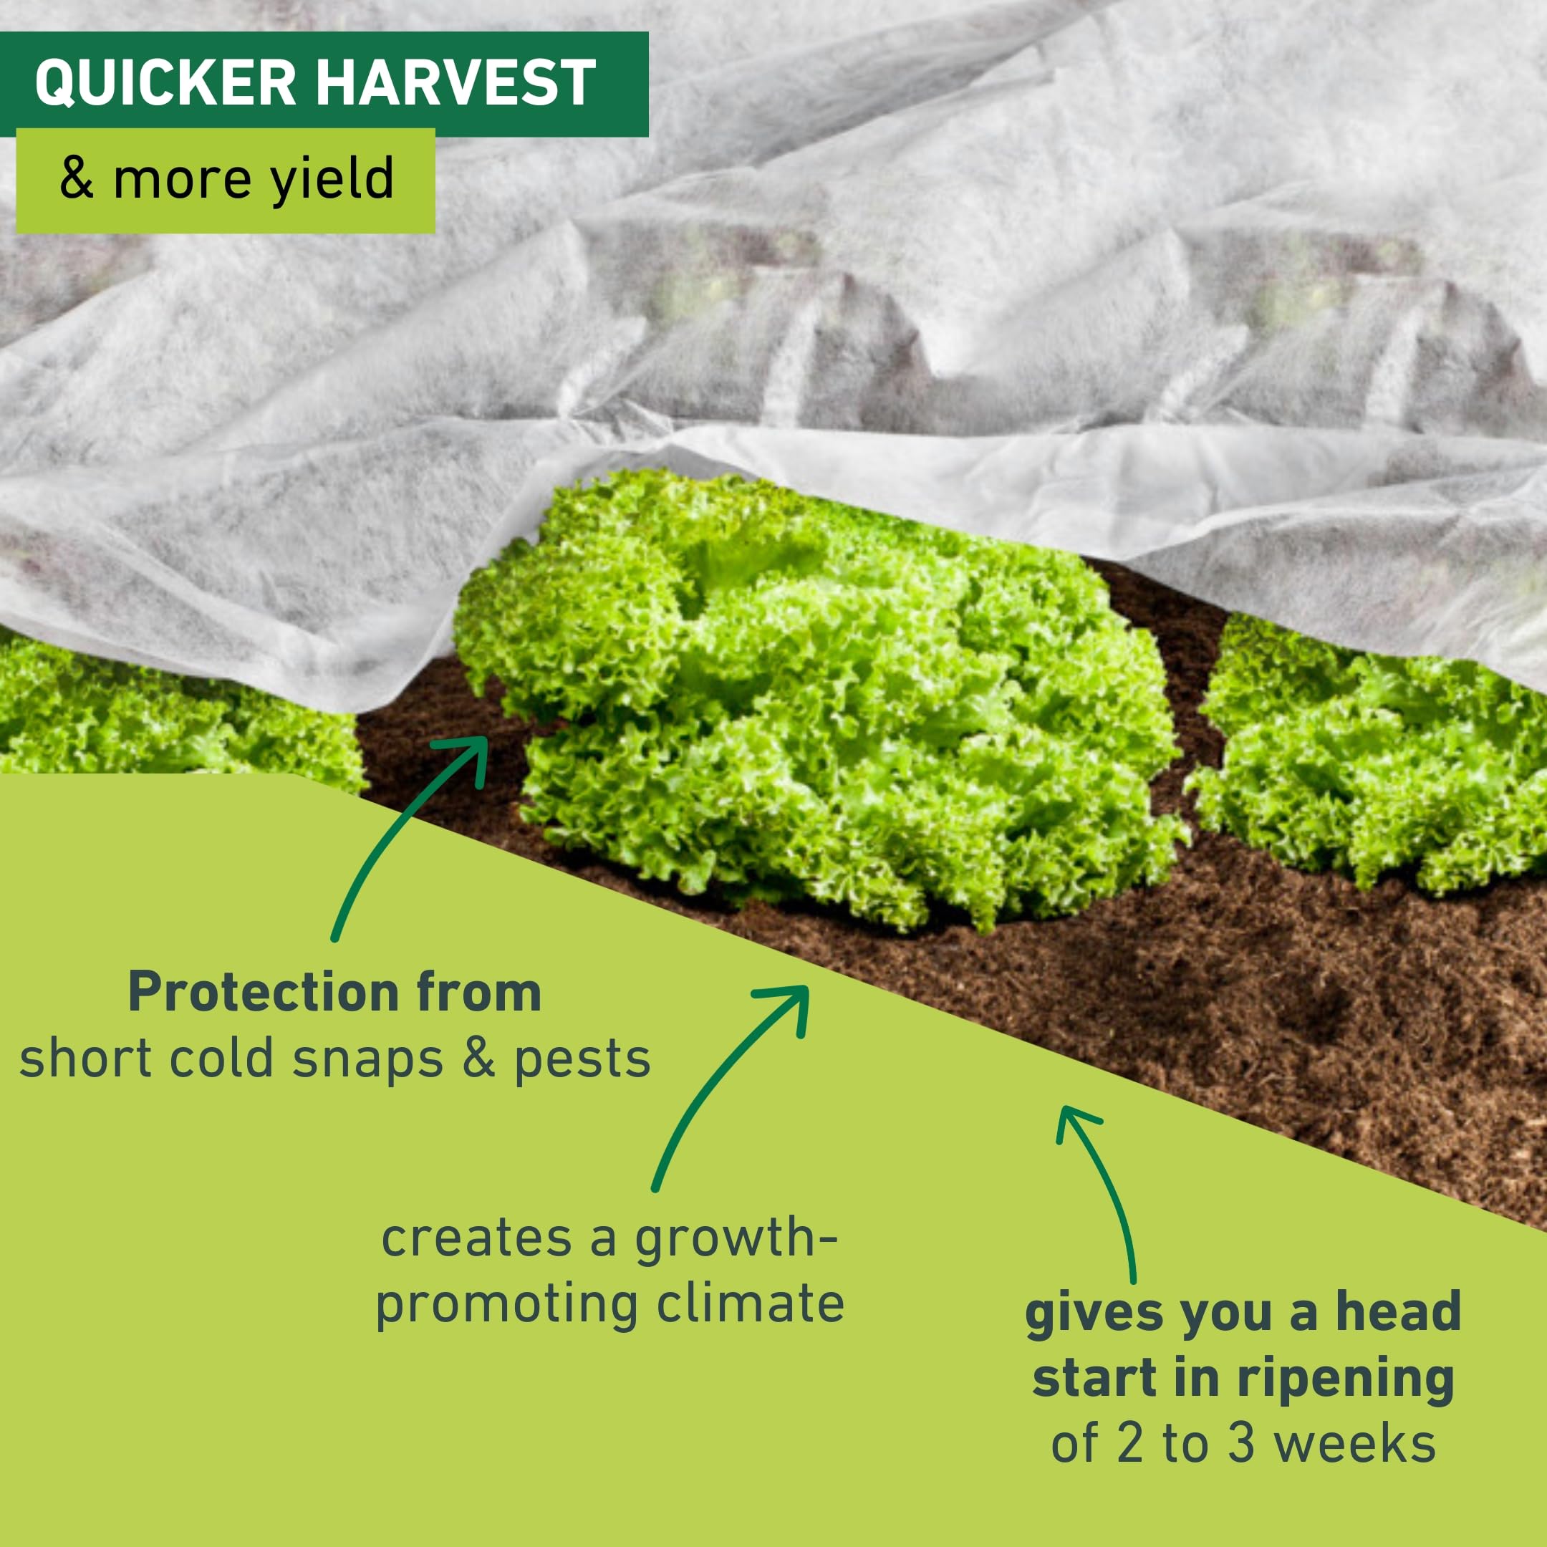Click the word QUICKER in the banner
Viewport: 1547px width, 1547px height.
pos(165,83)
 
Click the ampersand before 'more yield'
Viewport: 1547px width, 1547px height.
pos(77,178)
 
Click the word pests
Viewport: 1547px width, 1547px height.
pos(582,1061)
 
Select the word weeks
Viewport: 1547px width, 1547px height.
pos(1355,1444)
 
